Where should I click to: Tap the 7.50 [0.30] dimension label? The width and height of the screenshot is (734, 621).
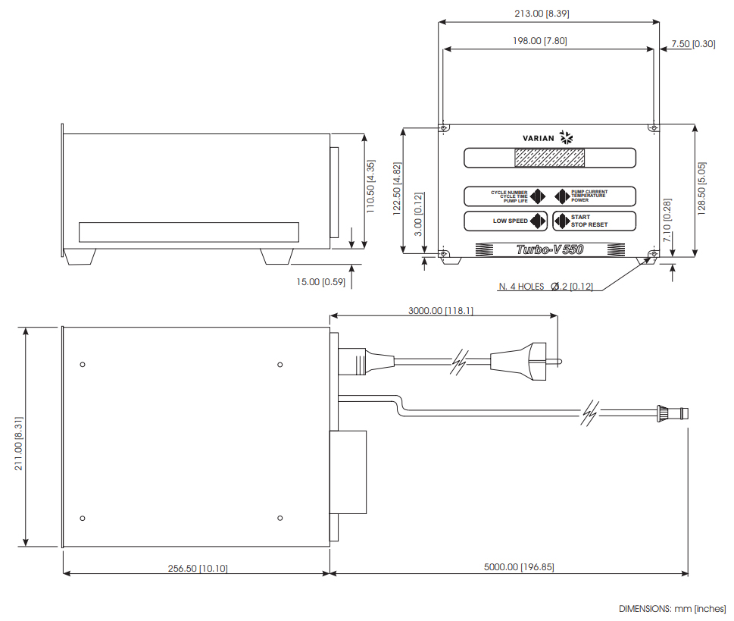click(x=692, y=44)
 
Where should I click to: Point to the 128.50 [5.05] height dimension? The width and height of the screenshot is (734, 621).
click(x=702, y=188)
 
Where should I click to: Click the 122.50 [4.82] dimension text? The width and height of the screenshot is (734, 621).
click(x=397, y=190)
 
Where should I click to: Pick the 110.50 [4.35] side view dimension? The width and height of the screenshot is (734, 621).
click(x=370, y=187)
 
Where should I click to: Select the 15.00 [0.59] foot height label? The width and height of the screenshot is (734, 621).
click(x=320, y=282)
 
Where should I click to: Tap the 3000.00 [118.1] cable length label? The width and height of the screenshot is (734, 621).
click(x=440, y=310)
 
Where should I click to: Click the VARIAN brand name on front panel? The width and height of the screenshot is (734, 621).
click(x=539, y=138)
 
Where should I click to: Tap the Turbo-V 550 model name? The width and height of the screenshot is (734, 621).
click(x=549, y=249)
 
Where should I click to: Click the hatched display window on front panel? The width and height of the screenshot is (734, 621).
click(x=549, y=158)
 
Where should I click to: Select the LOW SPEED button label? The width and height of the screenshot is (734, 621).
click(x=510, y=221)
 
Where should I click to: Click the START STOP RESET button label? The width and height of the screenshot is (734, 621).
click(x=589, y=221)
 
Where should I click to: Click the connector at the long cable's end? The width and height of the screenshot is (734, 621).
click(x=673, y=414)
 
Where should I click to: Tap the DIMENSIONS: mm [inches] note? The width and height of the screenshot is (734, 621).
click(x=672, y=609)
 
